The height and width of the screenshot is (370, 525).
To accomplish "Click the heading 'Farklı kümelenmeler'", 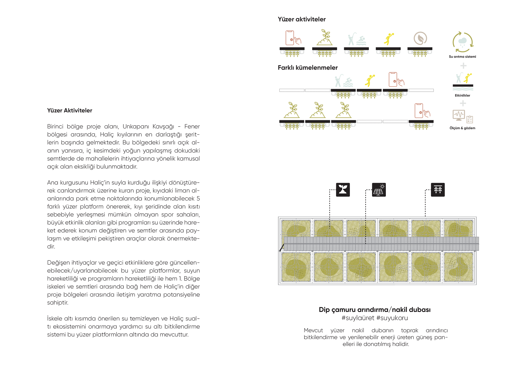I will (x=308, y=68).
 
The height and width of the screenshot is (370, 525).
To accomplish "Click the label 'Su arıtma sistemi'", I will (x=462, y=57).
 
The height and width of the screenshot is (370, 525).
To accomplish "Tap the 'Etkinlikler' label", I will (x=462, y=95).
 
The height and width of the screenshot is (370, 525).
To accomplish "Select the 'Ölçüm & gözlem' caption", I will (x=462, y=128).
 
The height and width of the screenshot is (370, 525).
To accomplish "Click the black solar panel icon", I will (x=379, y=190).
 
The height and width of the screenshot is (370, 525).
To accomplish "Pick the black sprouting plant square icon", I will (x=343, y=190).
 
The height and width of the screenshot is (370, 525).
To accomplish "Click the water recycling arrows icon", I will (x=463, y=42).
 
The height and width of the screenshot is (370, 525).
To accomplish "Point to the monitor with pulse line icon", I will (x=459, y=115).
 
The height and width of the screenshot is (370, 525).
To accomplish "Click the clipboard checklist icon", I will (x=470, y=119).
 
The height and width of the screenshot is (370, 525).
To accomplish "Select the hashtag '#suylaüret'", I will (x=358, y=318).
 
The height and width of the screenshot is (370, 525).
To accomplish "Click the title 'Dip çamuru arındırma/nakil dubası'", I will (x=375, y=310).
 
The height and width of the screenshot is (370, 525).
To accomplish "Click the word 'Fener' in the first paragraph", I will (x=192, y=127).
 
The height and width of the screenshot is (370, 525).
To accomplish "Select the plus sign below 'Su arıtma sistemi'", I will (x=463, y=66).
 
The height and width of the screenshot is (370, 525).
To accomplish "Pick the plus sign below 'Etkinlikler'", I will (x=463, y=103).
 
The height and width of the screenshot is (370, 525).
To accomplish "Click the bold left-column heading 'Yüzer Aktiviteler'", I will (x=70, y=111).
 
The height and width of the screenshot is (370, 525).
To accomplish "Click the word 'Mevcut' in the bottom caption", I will (x=313, y=330).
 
